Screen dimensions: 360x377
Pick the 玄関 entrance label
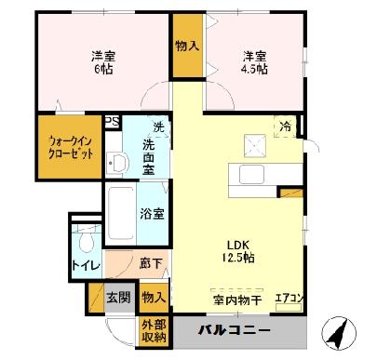pyautogui.click(x=117, y=298)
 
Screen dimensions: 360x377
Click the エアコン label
pyautogui.click(x=288, y=299)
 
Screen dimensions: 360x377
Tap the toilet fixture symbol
pyautogui.click(x=86, y=242)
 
